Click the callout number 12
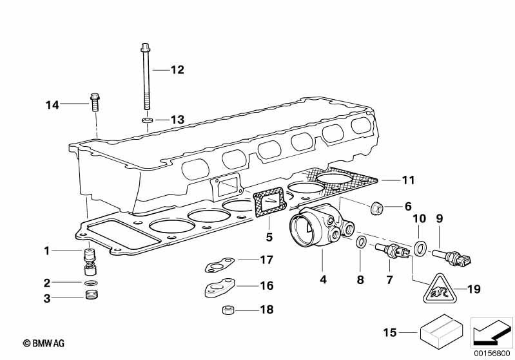(177, 70)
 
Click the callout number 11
(409, 180)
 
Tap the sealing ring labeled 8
(362, 242)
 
